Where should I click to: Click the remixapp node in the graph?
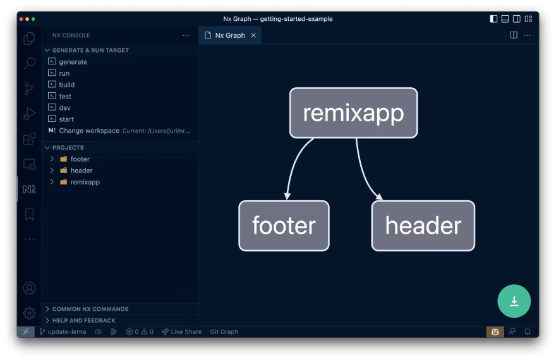(354, 112)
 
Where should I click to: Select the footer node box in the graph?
(284, 225)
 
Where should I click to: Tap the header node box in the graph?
(423, 225)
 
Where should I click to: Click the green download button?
(514, 301)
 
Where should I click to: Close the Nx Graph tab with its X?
(253, 35)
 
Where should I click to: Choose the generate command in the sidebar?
(73, 62)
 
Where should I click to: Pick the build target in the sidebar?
(67, 85)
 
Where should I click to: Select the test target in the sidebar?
(65, 96)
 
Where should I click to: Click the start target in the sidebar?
(66, 119)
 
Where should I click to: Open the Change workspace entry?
(89, 131)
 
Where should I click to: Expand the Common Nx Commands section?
(90, 309)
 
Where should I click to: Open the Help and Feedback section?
(83, 320)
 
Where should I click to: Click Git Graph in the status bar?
(224, 332)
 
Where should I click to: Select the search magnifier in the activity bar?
(30, 63)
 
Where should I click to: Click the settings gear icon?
(30, 313)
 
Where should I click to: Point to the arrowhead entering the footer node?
(287, 196)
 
